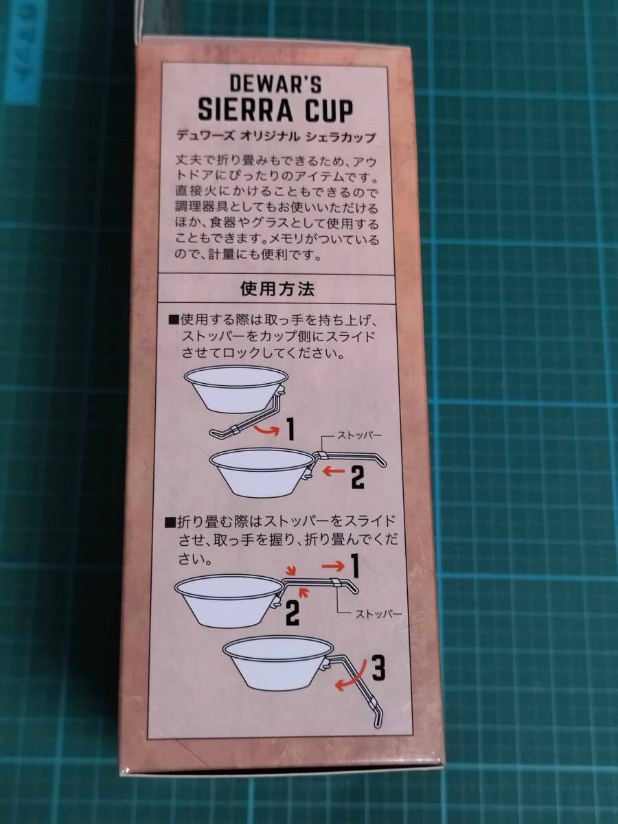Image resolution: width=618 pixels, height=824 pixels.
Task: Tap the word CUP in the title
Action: [325, 110]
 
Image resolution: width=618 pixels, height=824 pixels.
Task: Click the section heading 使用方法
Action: [278, 289]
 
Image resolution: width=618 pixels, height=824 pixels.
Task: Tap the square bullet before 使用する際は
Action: [171, 321]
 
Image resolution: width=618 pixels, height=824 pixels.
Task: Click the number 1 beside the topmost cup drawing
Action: [289, 430]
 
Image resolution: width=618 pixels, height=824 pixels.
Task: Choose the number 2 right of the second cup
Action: [357, 476]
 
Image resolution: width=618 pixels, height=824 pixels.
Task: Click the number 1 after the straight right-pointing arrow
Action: [355, 566]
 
